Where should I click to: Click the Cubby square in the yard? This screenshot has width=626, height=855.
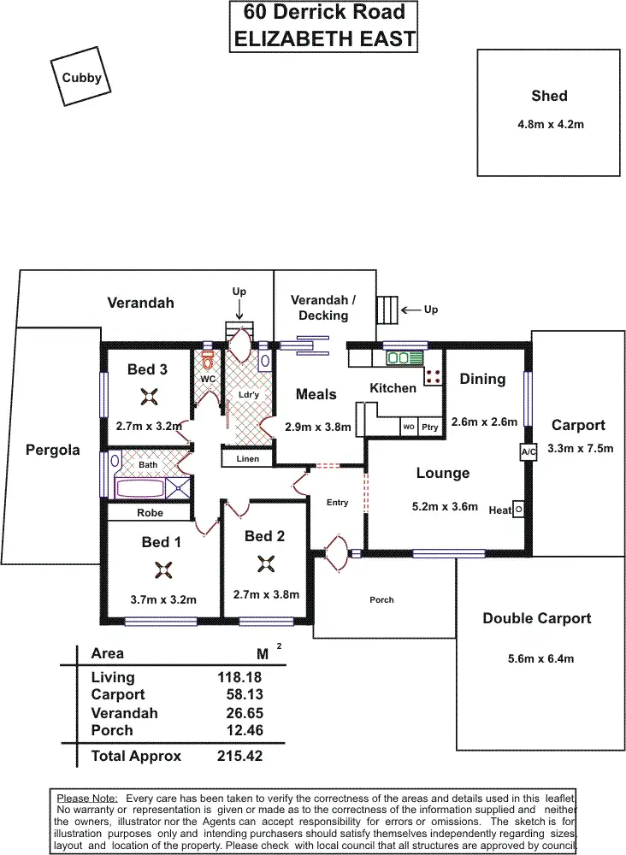tap(81, 78)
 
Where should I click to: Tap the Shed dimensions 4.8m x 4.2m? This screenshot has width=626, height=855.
tap(551, 124)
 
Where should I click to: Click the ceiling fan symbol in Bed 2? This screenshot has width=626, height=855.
tap(264, 563)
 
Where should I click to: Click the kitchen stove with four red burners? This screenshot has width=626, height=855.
tap(433, 374)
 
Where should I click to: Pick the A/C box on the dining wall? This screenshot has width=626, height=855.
tap(527, 452)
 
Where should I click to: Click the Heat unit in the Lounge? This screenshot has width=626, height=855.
tap(517, 509)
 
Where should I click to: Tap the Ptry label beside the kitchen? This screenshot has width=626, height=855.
tap(428, 426)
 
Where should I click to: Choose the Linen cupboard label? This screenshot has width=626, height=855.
tap(247, 459)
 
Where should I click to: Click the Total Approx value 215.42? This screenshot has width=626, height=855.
tap(239, 756)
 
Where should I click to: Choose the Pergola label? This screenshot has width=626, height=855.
tap(53, 450)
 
